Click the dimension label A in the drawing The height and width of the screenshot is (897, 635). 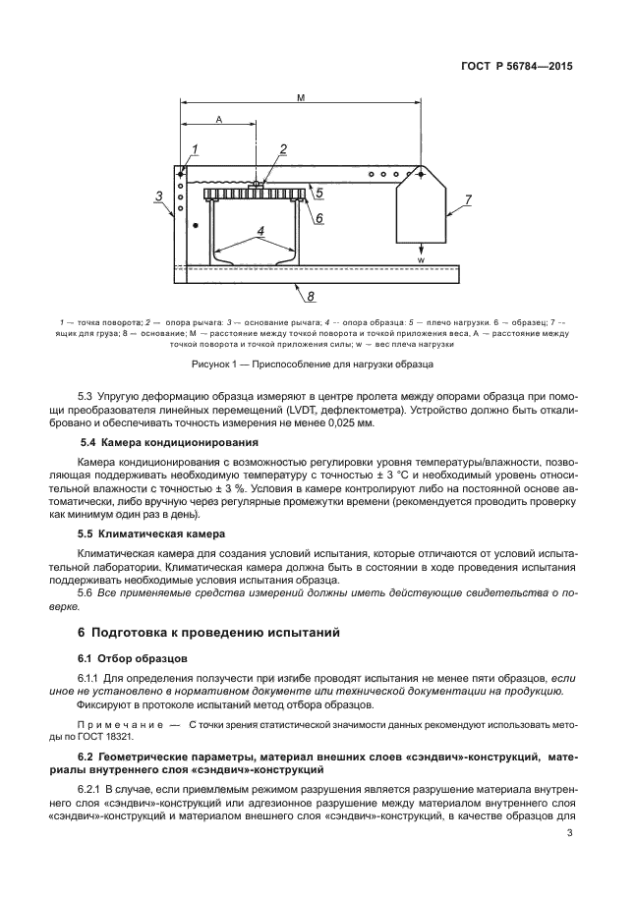tap(217, 120)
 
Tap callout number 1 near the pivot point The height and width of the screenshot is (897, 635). tap(196, 148)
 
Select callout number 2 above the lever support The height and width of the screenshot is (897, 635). tap(282, 149)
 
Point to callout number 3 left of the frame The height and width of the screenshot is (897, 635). tap(160, 196)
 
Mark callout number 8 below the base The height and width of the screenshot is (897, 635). tap(311, 295)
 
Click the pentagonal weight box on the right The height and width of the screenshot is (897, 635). tap(421, 207)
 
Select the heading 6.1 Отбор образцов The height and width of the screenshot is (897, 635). tap(126, 657)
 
